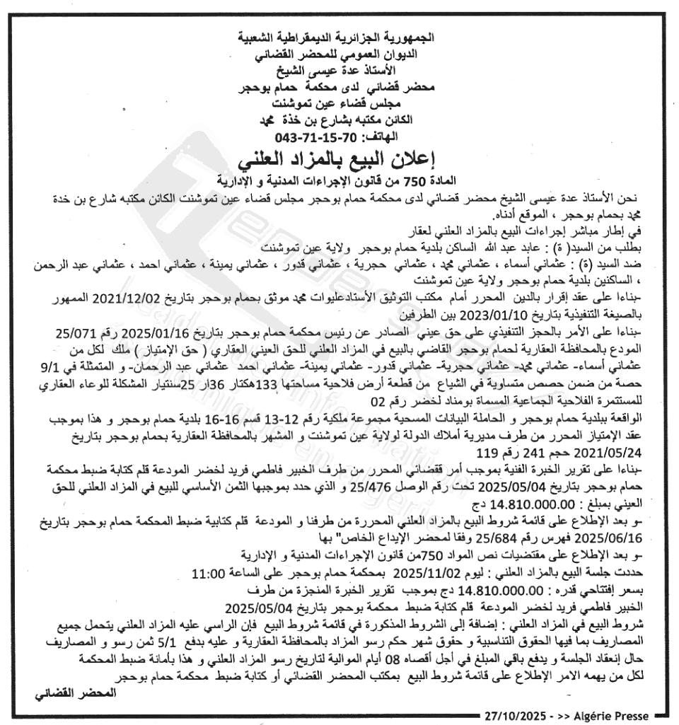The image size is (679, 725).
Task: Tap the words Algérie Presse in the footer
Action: pyautogui.click(x=610, y=716)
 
